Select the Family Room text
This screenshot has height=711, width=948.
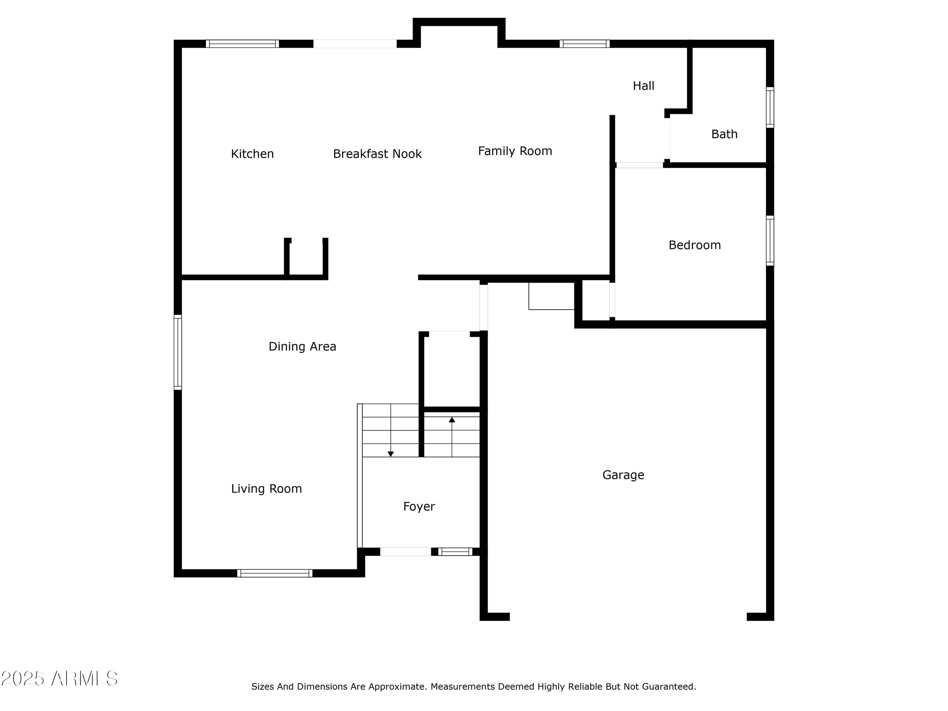pyautogui.click(x=515, y=151)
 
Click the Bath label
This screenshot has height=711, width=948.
pyautogui.click(x=724, y=134)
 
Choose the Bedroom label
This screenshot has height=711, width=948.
pyautogui.click(x=694, y=245)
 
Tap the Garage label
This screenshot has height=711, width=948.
pyautogui.click(x=623, y=475)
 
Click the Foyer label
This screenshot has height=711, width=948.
pyautogui.click(x=419, y=507)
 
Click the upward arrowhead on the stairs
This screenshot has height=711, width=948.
pyautogui.click(x=452, y=420)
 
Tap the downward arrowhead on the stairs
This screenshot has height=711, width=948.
pyautogui.click(x=391, y=454)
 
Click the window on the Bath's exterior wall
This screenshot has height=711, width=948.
pyautogui.click(x=770, y=107)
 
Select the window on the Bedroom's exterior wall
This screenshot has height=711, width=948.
pyautogui.click(x=770, y=240)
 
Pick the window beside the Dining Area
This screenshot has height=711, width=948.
pyautogui.click(x=177, y=352)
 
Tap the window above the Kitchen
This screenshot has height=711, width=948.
pyautogui.click(x=242, y=44)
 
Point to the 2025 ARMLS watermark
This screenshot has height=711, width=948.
pyautogui.click(x=60, y=678)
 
